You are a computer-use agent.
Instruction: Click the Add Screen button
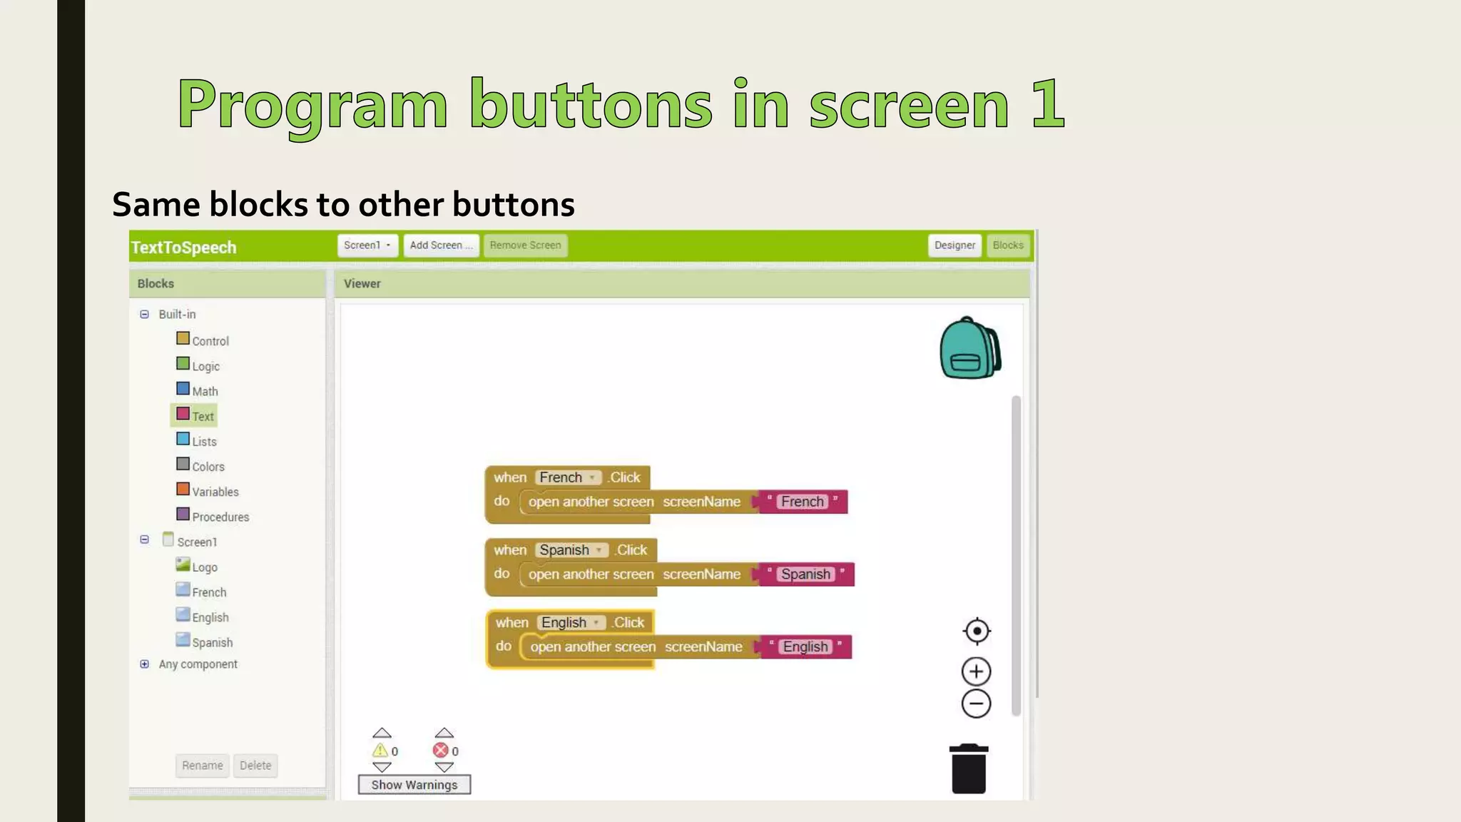pos(440,245)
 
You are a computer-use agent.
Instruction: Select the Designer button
pos(954,245)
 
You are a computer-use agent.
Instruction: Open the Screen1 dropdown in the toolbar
pos(367,245)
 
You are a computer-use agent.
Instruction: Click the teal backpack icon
pos(969,348)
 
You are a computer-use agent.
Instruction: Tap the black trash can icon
pos(968,769)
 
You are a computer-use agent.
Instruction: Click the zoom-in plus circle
pos(976,671)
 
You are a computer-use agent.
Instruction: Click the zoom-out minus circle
pos(976,704)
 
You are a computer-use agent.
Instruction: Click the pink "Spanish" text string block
pos(805,574)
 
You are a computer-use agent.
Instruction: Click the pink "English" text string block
pos(805,647)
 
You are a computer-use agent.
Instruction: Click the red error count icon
pos(441,751)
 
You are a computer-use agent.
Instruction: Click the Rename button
pos(203,766)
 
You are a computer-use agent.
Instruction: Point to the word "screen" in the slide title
pos(908,105)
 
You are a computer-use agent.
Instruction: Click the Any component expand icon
pos(145,664)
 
